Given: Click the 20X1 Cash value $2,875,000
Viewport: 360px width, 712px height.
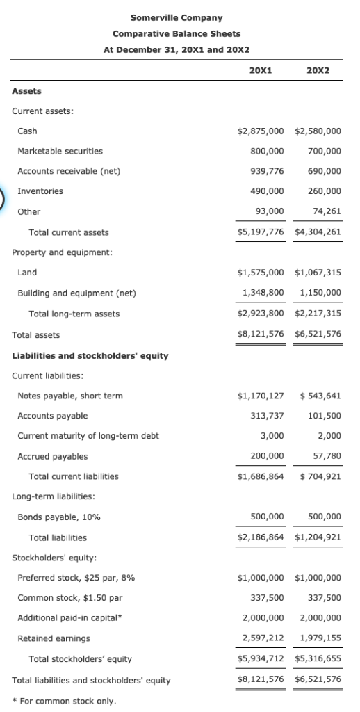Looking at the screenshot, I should [x=261, y=131].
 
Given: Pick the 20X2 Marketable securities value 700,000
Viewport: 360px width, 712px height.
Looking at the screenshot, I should [x=324, y=151].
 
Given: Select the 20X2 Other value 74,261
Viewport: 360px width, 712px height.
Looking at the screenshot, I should [x=326, y=211].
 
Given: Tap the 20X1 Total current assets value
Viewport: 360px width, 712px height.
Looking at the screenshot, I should [x=261, y=232].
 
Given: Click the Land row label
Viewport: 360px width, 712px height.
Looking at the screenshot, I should [x=27, y=273].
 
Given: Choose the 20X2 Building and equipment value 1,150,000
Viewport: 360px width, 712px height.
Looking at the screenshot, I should [x=320, y=293].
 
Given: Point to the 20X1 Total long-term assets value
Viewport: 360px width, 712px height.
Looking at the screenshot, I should [x=261, y=314].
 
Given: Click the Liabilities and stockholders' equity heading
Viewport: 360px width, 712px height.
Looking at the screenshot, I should [x=90, y=356].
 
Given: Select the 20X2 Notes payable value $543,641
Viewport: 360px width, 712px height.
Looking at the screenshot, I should [x=320, y=396].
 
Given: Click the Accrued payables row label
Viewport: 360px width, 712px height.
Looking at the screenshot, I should [x=53, y=457].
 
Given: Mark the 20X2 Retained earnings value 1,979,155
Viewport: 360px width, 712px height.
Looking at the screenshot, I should [x=320, y=638].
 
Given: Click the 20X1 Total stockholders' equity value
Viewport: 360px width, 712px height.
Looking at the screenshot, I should [x=261, y=658].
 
